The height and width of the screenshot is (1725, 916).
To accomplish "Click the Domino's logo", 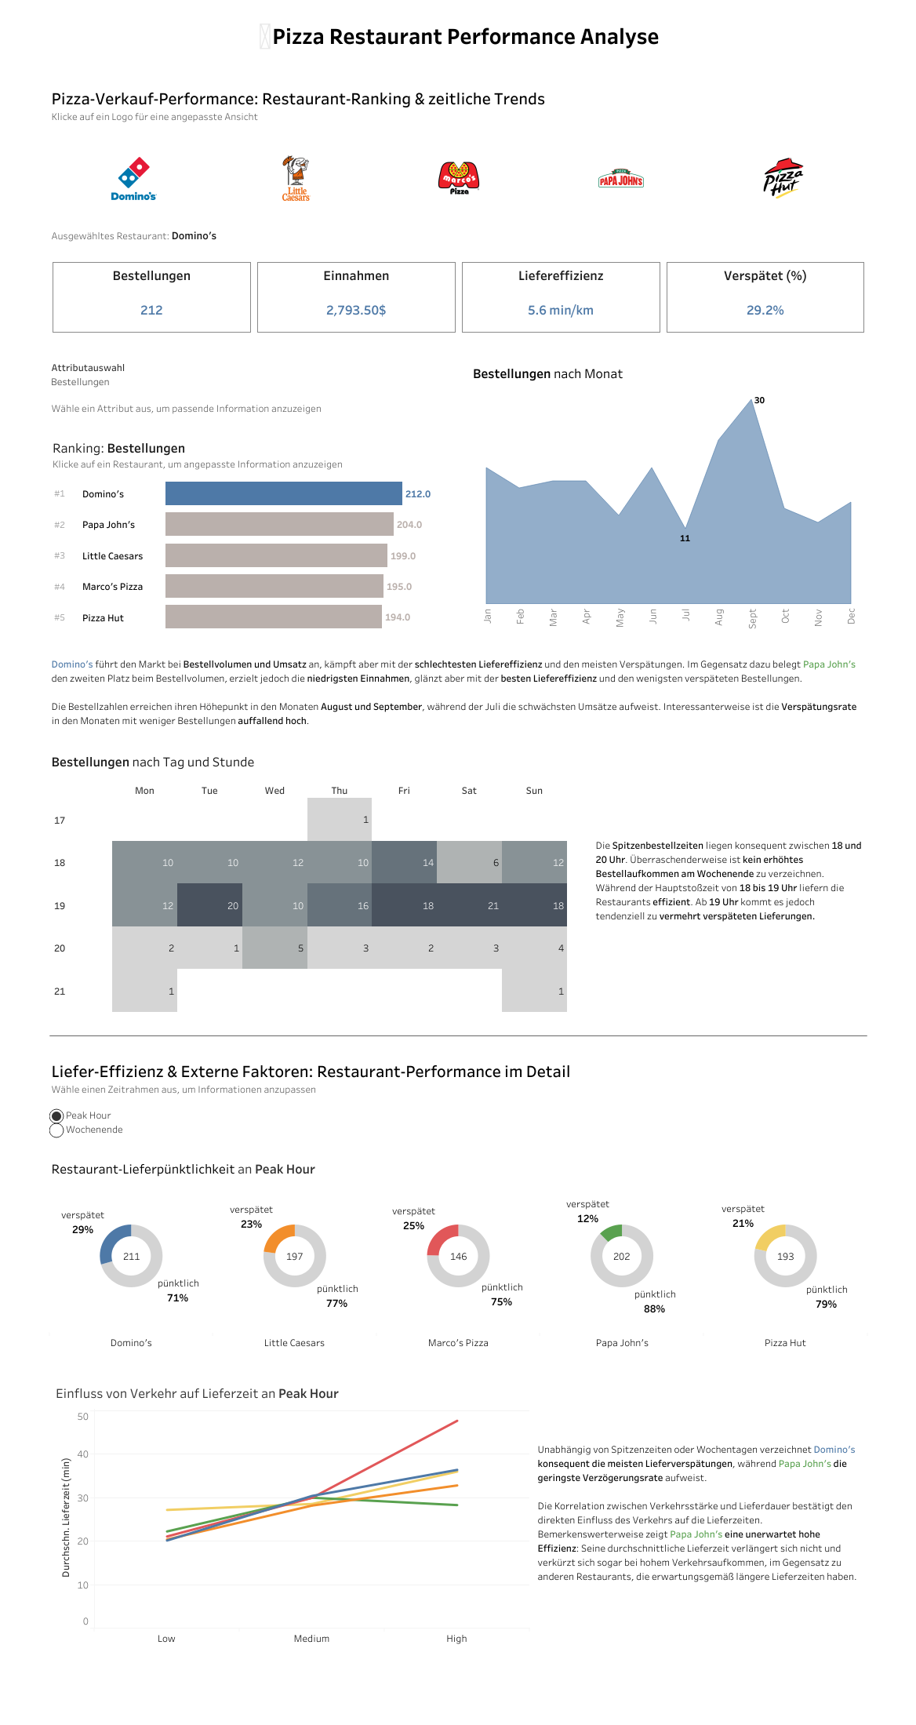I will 133,179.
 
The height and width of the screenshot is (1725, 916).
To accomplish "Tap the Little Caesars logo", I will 296,179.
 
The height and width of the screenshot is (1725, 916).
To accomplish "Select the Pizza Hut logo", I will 783,178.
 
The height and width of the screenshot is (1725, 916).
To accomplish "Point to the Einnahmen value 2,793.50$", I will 356,311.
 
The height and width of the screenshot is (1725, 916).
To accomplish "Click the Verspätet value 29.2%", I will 765,311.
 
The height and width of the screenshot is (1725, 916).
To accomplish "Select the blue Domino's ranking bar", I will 283,493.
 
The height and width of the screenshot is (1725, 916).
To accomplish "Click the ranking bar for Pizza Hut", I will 273,617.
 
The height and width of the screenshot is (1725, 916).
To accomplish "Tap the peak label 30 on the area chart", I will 759,401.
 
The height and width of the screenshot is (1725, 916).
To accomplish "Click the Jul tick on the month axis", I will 685,616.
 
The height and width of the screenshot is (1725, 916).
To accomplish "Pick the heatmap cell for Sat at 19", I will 469,905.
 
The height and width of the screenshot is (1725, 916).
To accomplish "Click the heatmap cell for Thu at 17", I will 340,820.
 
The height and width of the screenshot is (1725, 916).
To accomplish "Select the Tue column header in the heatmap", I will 209,791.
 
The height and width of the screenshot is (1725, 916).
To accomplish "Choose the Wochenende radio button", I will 56,1130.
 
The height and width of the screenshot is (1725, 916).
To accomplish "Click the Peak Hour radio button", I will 56,1116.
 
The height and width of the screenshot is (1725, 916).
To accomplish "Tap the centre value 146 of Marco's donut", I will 458,1257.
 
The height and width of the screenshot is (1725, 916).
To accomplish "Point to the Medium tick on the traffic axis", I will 311,1639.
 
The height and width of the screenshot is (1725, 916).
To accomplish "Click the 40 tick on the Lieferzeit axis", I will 83,1454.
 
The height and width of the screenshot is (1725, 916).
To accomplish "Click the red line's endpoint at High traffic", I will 456,1421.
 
